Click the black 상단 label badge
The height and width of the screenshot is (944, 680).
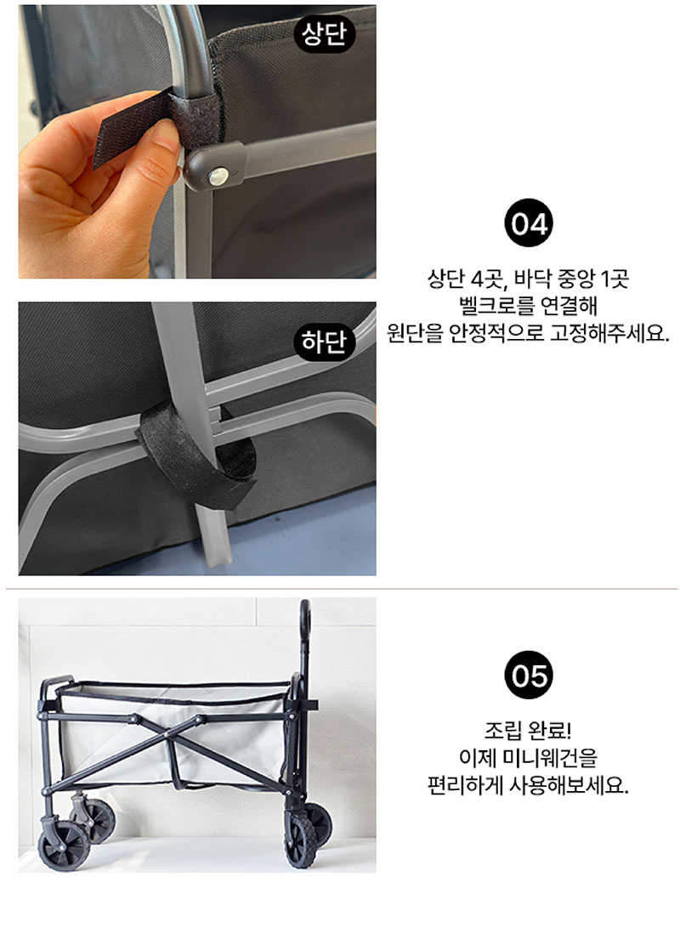tap(324, 34)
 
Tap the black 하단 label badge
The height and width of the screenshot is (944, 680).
tap(324, 342)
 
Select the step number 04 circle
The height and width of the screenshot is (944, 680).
tap(528, 223)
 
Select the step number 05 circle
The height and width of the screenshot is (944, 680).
tap(528, 675)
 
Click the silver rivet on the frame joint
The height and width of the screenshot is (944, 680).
tap(218, 177)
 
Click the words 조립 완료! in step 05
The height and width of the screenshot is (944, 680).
tap(528, 730)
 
